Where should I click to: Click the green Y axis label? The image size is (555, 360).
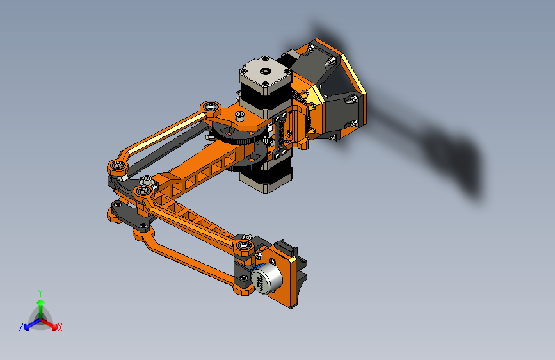[x=40, y=291]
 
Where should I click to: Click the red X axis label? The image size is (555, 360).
[x=60, y=328]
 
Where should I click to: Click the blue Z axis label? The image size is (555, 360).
[x=21, y=327]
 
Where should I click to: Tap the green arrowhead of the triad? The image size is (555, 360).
[x=40, y=302]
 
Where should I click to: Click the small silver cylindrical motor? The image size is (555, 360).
[x=266, y=278]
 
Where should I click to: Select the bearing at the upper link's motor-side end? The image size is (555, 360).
[x=209, y=106]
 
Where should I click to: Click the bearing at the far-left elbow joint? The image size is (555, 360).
[x=117, y=167]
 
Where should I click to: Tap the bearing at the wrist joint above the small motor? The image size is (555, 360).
[x=244, y=246]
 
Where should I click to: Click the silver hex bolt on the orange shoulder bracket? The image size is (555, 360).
[x=239, y=117]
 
